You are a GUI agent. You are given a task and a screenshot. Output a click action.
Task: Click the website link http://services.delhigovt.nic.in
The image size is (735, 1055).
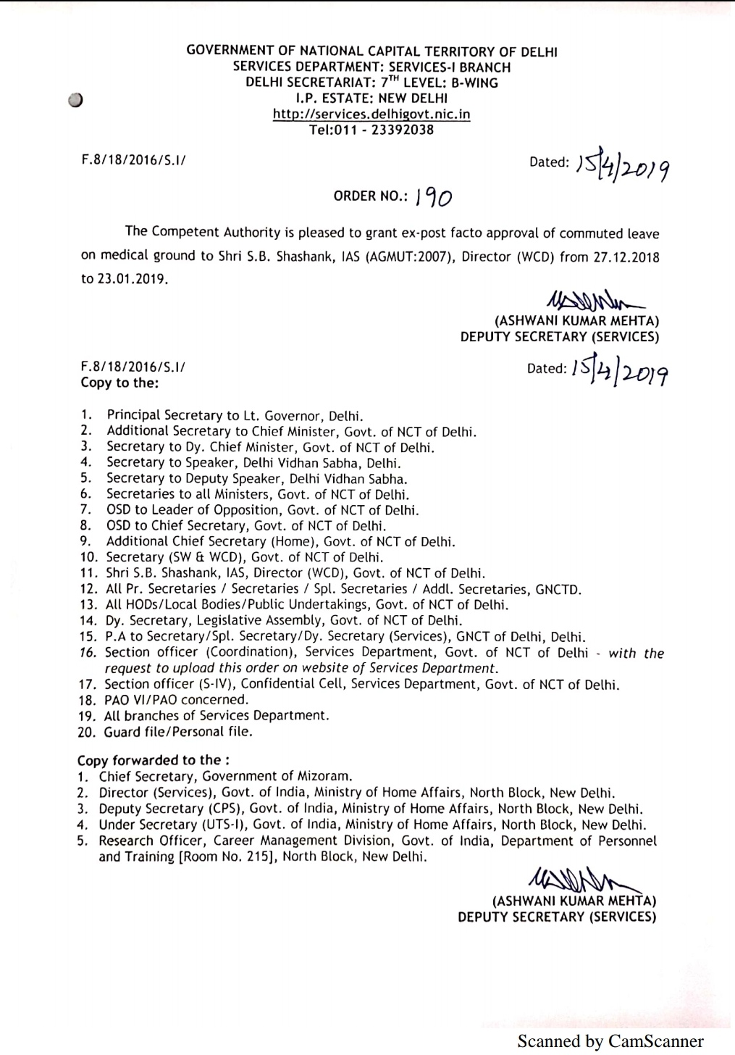[x=371, y=114]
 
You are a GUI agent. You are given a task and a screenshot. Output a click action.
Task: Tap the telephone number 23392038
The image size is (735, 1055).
[x=403, y=130]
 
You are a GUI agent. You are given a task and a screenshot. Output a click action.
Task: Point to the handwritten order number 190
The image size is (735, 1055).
[x=434, y=196]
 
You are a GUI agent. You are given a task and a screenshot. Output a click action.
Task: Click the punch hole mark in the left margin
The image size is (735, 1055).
[x=76, y=100]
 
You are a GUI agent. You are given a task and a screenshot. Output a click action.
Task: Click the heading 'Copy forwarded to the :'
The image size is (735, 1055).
[x=154, y=760]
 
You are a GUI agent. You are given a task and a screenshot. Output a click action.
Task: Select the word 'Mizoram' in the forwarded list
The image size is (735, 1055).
[x=326, y=776]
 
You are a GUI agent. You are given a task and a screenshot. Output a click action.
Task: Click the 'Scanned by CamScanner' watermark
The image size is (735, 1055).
[x=610, y=1041]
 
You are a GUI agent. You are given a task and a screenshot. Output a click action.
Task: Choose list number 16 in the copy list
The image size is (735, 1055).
[x=88, y=652]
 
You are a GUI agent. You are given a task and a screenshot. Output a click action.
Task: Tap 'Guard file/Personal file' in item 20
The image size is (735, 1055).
[x=178, y=732]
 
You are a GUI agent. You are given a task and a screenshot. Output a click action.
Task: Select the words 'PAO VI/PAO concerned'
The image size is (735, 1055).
[x=177, y=700]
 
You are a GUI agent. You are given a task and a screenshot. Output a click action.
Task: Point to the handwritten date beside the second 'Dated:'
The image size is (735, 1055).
[x=620, y=372]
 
